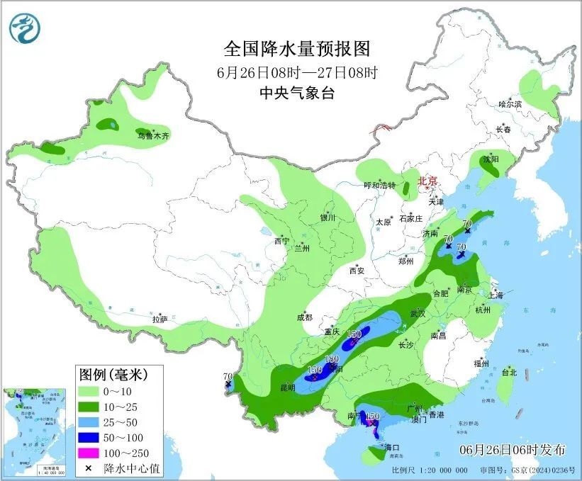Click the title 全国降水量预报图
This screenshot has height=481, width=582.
(297, 49)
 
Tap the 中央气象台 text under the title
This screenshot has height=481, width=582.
(297, 93)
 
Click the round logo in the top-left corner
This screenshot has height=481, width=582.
(25, 26)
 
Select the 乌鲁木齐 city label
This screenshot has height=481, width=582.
(154, 135)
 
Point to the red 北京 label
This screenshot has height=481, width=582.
(428, 181)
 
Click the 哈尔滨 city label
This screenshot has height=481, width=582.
(509, 104)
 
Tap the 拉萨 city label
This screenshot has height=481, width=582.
(160, 319)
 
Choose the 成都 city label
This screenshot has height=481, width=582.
(305, 318)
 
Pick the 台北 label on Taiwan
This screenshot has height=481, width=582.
(509, 372)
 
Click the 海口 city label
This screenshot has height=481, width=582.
(392, 447)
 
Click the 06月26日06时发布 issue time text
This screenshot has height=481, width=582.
(512, 449)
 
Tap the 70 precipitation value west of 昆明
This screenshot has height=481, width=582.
(228, 376)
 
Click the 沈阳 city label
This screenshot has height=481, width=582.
(490, 159)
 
